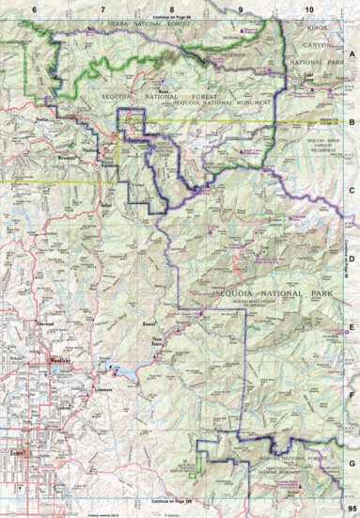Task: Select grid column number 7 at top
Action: point(102,8)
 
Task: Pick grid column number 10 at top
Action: point(309,8)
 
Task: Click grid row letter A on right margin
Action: point(351,56)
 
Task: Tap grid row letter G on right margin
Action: point(351,462)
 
